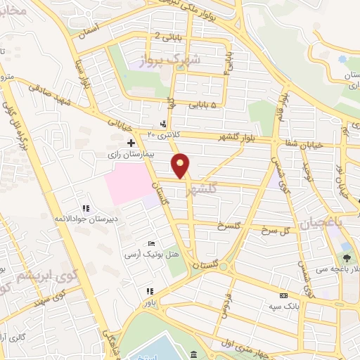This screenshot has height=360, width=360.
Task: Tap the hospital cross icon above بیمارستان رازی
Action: (131, 142)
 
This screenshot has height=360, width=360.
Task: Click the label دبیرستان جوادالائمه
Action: (80, 219)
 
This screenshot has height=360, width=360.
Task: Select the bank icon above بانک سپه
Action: (283, 296)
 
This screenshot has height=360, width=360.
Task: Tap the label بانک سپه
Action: (280, 307)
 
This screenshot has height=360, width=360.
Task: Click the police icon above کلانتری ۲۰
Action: (164, 124)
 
